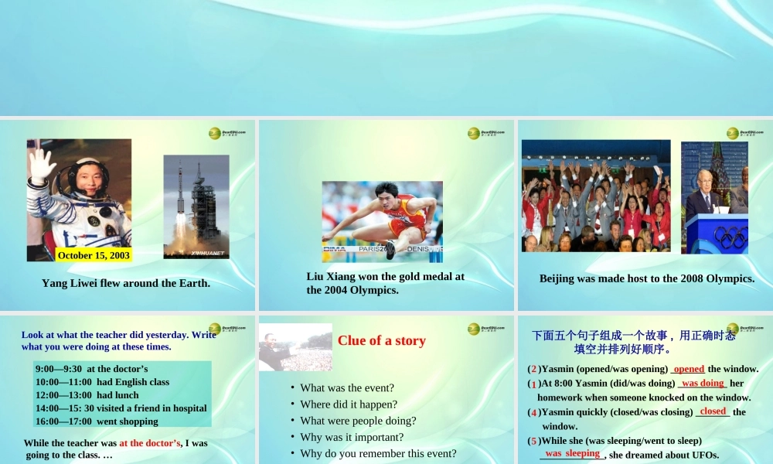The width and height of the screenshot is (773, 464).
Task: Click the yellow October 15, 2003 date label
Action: pos(94,255)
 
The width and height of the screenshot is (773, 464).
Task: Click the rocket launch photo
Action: pos(196,206)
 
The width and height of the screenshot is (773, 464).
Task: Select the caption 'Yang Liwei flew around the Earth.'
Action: pos(126,283)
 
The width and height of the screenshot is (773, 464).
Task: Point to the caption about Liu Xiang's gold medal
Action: pos(386,283)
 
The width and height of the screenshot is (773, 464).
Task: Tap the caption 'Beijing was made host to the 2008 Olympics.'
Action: pos(647,278)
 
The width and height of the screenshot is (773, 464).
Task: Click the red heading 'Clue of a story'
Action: pos(382,340)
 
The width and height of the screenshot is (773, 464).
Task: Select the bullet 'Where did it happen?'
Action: pos(349,404)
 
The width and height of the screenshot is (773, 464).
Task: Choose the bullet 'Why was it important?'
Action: pos(352,437)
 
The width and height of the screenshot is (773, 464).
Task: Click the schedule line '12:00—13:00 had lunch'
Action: pos(87,395)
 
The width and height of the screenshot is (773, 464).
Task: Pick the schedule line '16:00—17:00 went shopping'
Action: pos(97,421)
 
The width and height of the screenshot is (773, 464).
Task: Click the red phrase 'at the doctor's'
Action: pos(150,443)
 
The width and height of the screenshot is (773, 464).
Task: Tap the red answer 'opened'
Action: pos(689,369)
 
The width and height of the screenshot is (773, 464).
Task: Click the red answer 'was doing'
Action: pos(703,383)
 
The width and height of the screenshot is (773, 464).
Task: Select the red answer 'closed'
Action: pos(713,411)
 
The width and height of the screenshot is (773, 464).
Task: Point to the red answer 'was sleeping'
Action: pos(572,453)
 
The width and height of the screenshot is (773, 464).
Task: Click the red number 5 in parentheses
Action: pos(533,441)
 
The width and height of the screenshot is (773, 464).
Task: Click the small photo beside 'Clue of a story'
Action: pos(295,347)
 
